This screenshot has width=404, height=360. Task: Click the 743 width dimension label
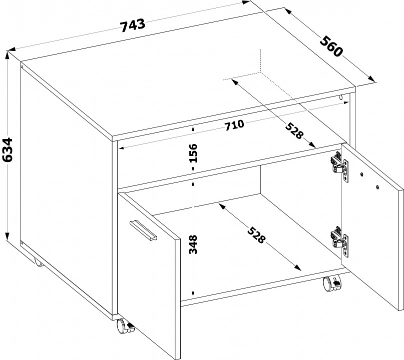coord(133,25)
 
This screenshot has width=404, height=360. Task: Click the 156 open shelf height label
coord(194,153)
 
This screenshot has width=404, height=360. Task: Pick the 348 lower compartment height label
coord(194,244)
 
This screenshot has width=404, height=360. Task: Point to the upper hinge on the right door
coord(338,164)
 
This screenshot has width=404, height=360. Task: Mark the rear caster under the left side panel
coord(38,261)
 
